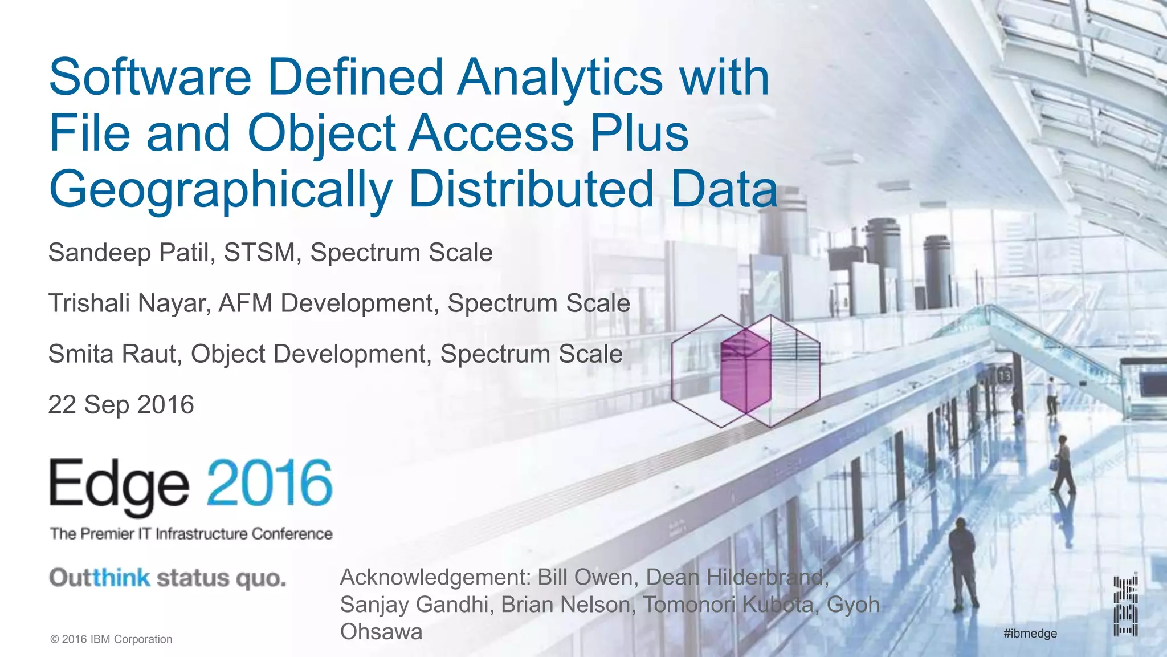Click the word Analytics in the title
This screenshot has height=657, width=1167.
coord(560,78)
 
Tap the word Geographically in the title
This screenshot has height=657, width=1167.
coord(221,190)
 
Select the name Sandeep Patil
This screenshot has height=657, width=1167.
coord(129,253)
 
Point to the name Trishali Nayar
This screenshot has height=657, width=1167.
coord(129,303)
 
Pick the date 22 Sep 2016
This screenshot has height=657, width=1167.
coord(121,405)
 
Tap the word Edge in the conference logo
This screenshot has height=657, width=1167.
coord(119,486)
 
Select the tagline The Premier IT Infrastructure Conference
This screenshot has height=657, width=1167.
coord(191,534)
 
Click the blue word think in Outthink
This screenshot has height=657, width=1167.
coord(121,578)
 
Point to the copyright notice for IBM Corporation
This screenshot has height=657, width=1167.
coord(112,639)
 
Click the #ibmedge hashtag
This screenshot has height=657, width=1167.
coord(1030,633)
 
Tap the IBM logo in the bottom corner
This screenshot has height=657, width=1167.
coord(1125,606)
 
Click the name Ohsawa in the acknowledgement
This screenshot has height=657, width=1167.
coord(381,632)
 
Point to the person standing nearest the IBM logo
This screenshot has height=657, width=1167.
coord(962,562)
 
